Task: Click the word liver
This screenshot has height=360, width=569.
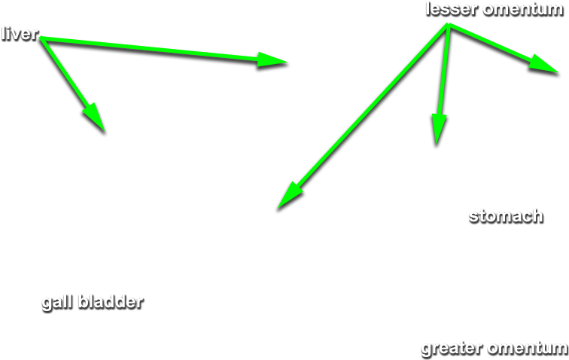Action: (x=20, y=34)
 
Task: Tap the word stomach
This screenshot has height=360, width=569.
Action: (x=506, y=216)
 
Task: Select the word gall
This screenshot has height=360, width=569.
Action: (x=56, y=303)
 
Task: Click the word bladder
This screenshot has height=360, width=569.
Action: (x=111, y=302)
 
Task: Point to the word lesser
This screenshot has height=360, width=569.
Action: (x=452, y=9)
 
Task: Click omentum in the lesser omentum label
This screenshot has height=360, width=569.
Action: (x=524, y=10)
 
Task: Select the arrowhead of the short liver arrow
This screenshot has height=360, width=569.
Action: (x=95, y=116)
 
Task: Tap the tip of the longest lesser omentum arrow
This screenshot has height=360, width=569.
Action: (x=278, y=208)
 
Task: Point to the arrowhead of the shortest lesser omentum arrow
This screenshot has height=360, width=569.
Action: (x=543, y=65)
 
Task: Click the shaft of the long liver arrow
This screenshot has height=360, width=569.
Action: (x=149, y=48)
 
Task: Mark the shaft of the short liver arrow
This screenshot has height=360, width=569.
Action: (x=64, y=72)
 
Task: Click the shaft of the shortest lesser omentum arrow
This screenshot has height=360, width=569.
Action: (x=490, y=42)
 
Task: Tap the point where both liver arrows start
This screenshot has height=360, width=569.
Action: (x=41, y=38)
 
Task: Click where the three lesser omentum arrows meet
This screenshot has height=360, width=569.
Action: (x=449, y=25)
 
